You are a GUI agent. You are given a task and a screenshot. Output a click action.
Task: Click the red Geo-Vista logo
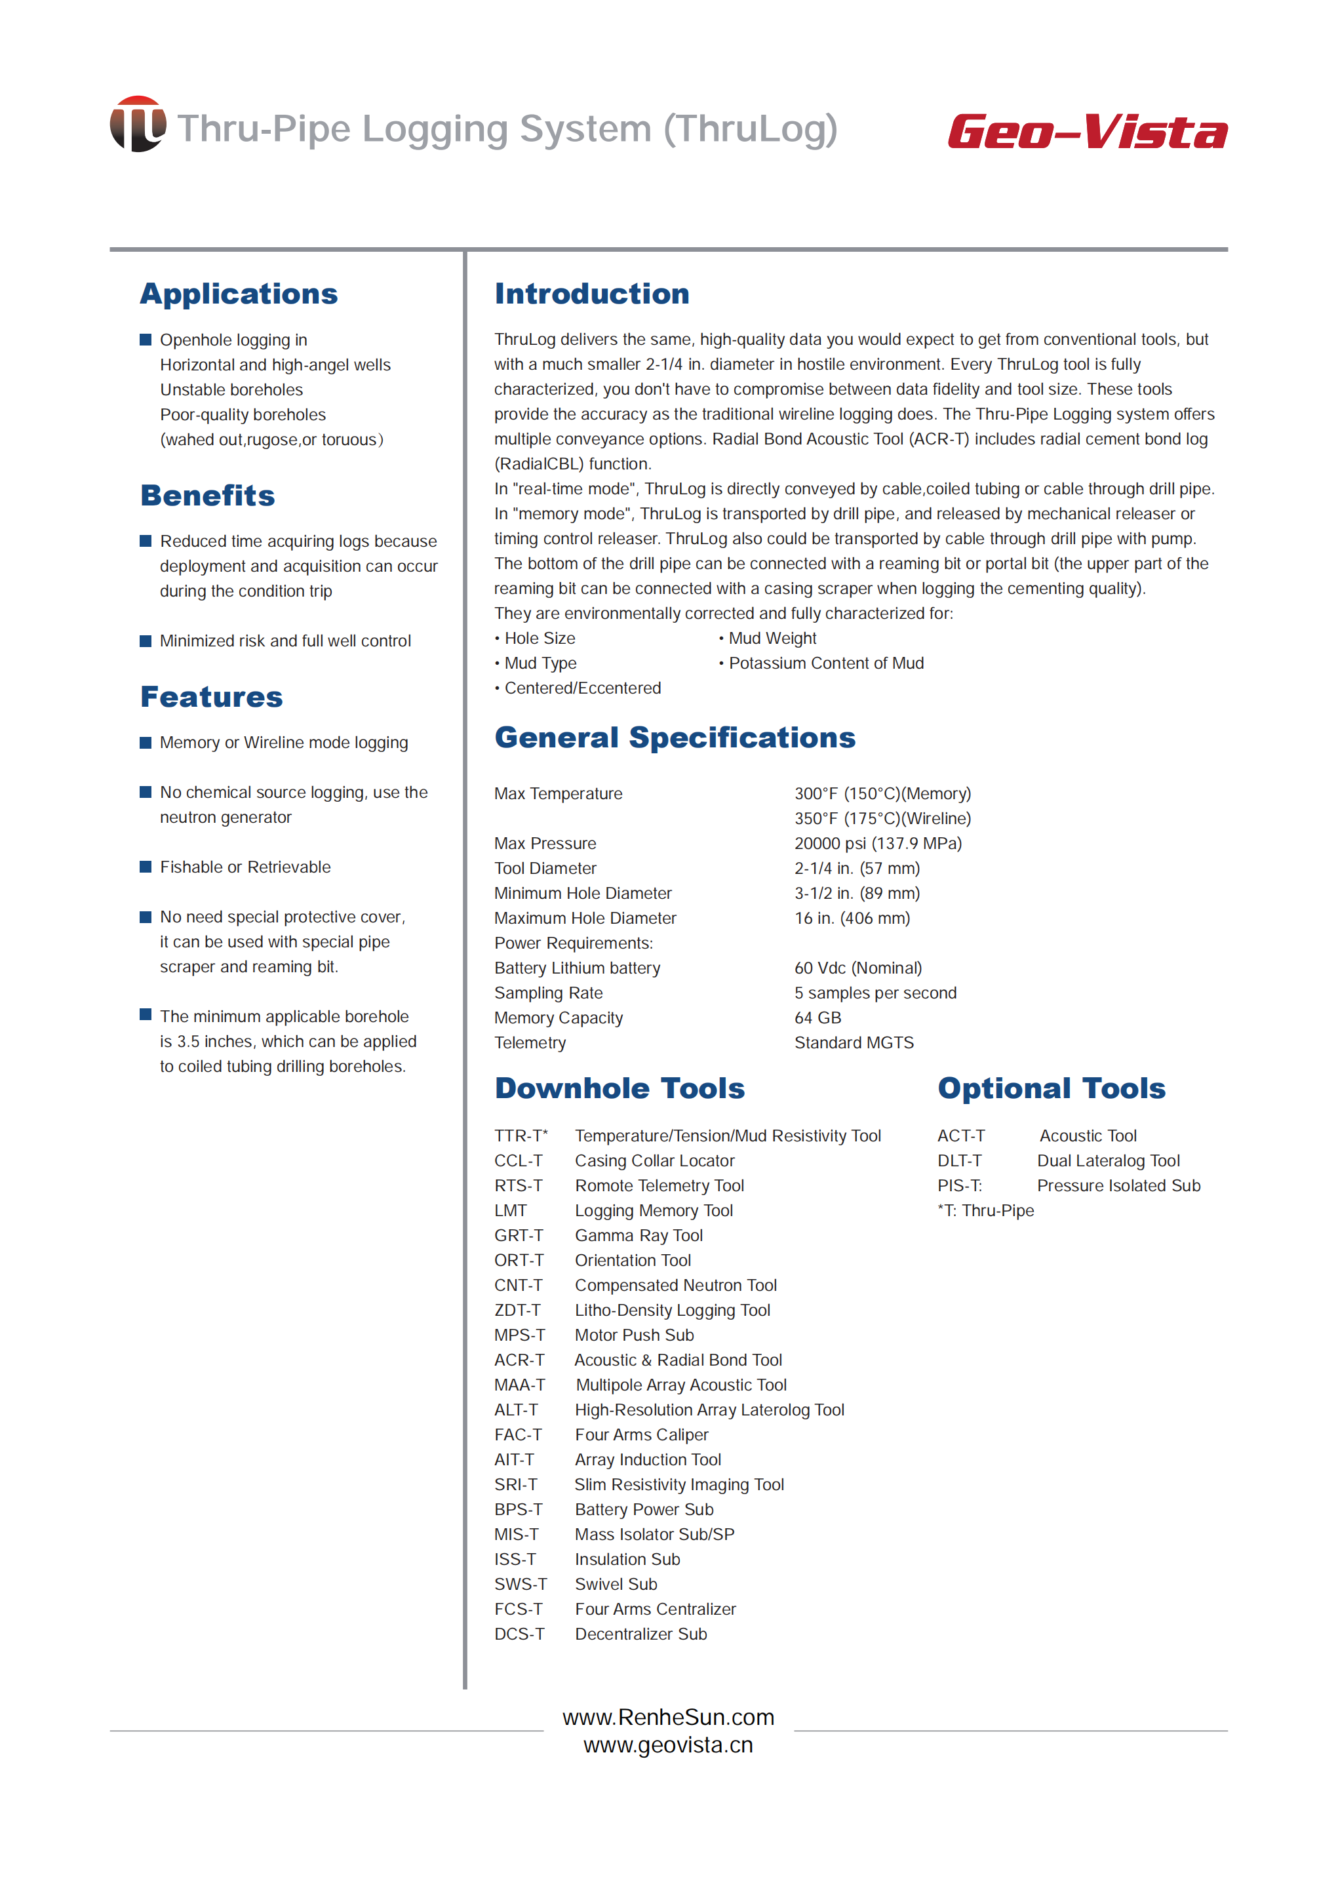click(1087, 132)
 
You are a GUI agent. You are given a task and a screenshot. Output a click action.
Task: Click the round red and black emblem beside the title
click(138, 125)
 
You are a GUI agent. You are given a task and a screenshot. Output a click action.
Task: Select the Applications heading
click(239, 294)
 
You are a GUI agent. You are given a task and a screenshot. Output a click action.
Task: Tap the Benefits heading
click(208, 496)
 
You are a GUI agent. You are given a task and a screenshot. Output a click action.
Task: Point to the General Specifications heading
click(675, 738)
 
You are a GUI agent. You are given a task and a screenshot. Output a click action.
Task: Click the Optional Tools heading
click(1052, 1088)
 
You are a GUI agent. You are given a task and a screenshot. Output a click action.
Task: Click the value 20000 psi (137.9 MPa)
click(877, 844)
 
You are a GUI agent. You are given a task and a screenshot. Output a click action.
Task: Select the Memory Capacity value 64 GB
click(817, 1018)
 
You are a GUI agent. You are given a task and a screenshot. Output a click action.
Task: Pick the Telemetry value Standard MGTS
click(854, 1043)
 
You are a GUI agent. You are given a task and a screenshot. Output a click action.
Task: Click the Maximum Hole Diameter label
click(585, 919)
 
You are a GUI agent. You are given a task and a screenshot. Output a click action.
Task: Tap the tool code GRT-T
click(519, 1236)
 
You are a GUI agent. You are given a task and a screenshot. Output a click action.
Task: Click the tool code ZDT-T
click(517, 1311)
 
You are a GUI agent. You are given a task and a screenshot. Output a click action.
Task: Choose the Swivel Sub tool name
click(616, 1585)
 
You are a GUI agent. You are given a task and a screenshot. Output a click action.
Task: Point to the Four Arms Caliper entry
click(641, 1435)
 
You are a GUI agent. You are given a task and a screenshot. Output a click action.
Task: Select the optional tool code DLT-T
click(959, 1161)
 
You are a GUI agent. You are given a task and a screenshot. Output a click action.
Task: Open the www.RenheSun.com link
click(668, 1717)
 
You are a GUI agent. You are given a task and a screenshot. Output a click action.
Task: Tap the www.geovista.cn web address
click(668, 1745)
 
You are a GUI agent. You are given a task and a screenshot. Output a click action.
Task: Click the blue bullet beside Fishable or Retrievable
click(146, 867)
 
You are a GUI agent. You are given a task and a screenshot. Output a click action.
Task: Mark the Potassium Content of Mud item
click(825, 664)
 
